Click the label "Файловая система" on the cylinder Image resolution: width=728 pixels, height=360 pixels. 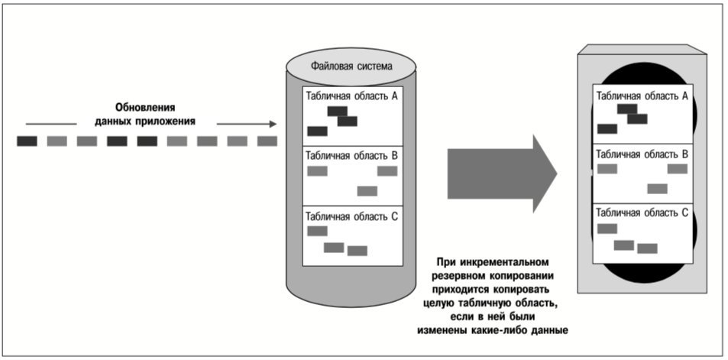[351, 66]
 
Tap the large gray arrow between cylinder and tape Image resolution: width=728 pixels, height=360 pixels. [502, 174]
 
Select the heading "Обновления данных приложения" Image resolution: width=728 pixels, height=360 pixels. [145, 115]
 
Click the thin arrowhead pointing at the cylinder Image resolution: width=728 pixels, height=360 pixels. [272, 124]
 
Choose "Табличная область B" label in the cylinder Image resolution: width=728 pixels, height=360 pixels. [351, 155]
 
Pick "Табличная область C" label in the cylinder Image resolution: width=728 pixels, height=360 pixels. [351, 216]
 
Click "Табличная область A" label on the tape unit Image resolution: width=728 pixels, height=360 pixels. [642, 96]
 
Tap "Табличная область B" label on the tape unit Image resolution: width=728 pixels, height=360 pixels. [642, 154]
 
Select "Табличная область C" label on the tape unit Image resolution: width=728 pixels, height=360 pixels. [642, 212]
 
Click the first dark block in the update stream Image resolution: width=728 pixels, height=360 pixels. [27, 141]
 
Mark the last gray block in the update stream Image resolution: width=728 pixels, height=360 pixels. [267, 141]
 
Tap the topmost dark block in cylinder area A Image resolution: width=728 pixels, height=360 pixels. [337, 111]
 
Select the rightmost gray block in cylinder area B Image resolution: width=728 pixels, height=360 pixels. [387, 171]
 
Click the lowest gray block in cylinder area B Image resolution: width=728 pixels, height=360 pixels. [367, 191]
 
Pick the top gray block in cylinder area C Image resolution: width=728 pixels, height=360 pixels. [318, 231]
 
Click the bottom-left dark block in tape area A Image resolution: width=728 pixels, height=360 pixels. [607, 128]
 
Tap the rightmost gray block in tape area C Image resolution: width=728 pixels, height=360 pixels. [647, 248]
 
